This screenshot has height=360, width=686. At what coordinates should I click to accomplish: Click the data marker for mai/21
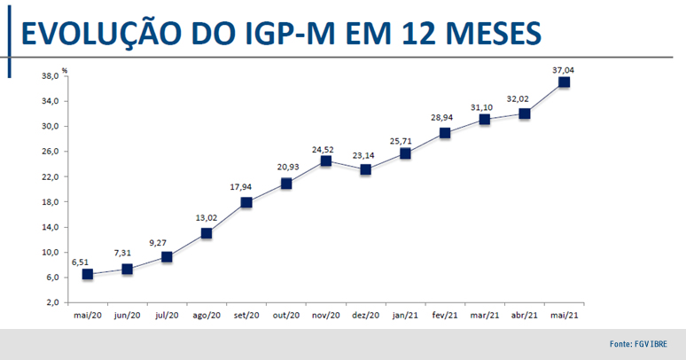(564, 82)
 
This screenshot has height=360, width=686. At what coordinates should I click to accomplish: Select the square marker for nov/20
(325, 160)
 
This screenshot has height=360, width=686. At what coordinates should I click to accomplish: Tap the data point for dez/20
(365, 169)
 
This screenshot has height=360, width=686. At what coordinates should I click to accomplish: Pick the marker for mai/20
(87, 274)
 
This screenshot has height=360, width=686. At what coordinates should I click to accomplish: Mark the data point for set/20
(246, 202)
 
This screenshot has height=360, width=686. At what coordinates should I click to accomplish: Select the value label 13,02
(207, 217)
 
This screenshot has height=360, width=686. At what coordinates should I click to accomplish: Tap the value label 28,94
(444, 117)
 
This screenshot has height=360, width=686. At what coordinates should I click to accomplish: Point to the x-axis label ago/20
(207, 316)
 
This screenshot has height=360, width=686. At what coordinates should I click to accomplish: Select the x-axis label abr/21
(524, 316)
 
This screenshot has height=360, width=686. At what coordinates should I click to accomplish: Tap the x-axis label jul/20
(167, 316)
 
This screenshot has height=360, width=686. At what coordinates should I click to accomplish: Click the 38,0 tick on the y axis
(51, 76)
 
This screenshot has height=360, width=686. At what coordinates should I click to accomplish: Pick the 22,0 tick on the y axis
(51, 176)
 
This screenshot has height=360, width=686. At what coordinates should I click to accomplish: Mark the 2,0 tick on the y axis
(53, 302)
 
